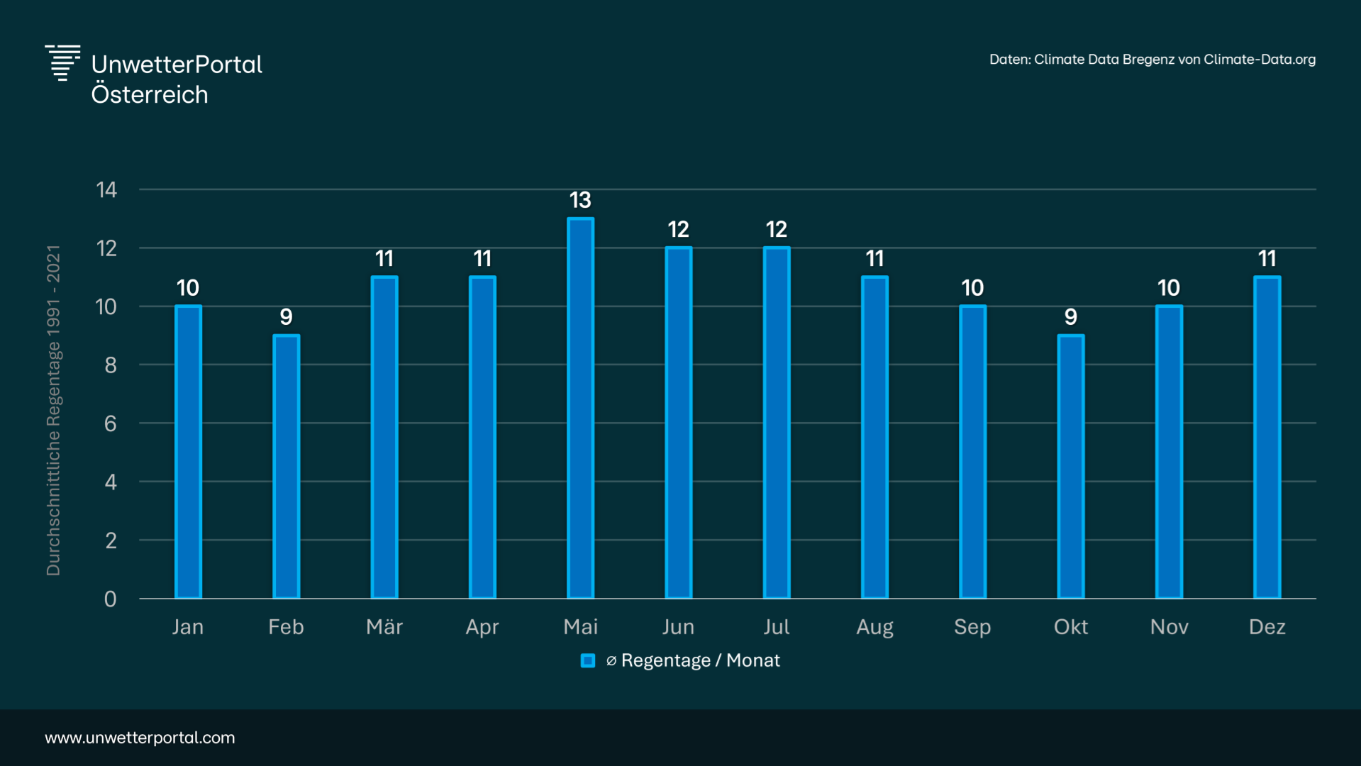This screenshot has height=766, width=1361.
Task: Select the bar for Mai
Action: coord(580,408)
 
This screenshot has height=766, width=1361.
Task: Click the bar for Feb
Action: coord(286,467)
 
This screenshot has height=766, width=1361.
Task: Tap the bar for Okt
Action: coord(1070,467)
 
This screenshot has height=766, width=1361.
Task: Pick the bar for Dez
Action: coord(1267,437)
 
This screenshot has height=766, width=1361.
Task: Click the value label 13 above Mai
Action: coord(580,201)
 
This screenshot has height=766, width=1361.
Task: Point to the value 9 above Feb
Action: coord(286,317)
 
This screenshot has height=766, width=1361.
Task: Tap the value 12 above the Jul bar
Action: coord(777,230)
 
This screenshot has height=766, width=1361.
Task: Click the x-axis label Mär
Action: coord(384,627)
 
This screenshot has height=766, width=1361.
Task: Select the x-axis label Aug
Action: coord(874,627)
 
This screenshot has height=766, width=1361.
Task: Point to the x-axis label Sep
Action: coord(972,627)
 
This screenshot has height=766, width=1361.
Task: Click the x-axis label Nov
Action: coord(1169,627)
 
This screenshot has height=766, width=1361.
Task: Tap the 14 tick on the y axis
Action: coord(107,190)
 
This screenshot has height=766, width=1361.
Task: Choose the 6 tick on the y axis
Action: coord(111,424)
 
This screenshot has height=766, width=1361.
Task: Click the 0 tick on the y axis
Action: coord(111,599)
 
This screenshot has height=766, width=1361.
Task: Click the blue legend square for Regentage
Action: coord(588,661)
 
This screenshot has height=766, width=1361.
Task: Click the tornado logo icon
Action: coord(62,63)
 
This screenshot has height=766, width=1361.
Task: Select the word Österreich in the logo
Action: coord(150,95)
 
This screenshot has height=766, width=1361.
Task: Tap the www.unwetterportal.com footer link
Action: coord(140,738)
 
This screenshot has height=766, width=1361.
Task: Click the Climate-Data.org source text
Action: coord(1259,60)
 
